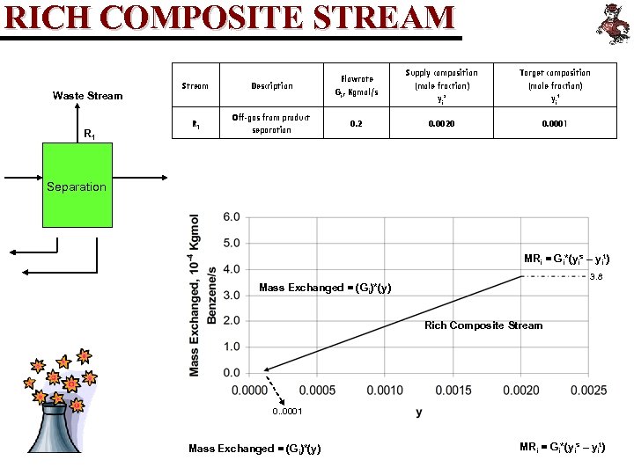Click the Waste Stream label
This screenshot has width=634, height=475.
click(87, 95)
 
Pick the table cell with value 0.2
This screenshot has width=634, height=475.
click(356, 124)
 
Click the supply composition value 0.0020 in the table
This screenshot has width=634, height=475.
click(441, 124)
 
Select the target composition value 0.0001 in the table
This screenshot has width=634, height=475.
click(554, 124)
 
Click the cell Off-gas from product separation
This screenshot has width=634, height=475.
click(271, 124)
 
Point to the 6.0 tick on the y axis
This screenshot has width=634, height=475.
click(230, 217)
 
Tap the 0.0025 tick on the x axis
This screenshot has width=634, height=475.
click(588, 390)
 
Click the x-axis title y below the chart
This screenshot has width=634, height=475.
click(418, 412)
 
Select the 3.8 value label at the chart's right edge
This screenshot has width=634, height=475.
click(596, 277)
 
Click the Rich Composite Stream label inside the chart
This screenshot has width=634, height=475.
click(483, 325)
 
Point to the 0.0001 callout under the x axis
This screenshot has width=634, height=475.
click(287, 411)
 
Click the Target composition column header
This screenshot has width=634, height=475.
click(554, 85)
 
